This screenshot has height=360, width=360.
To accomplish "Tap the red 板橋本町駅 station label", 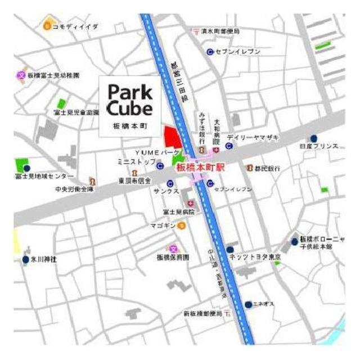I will point(200,167).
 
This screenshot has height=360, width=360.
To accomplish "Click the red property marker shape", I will point(172,137).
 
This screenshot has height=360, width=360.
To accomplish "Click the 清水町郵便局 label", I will point(220,31).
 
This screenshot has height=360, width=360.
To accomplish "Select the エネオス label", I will point(264,304).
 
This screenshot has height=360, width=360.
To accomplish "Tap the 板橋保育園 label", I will point(173,256).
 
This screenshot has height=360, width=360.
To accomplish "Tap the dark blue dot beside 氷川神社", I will point(25,260).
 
